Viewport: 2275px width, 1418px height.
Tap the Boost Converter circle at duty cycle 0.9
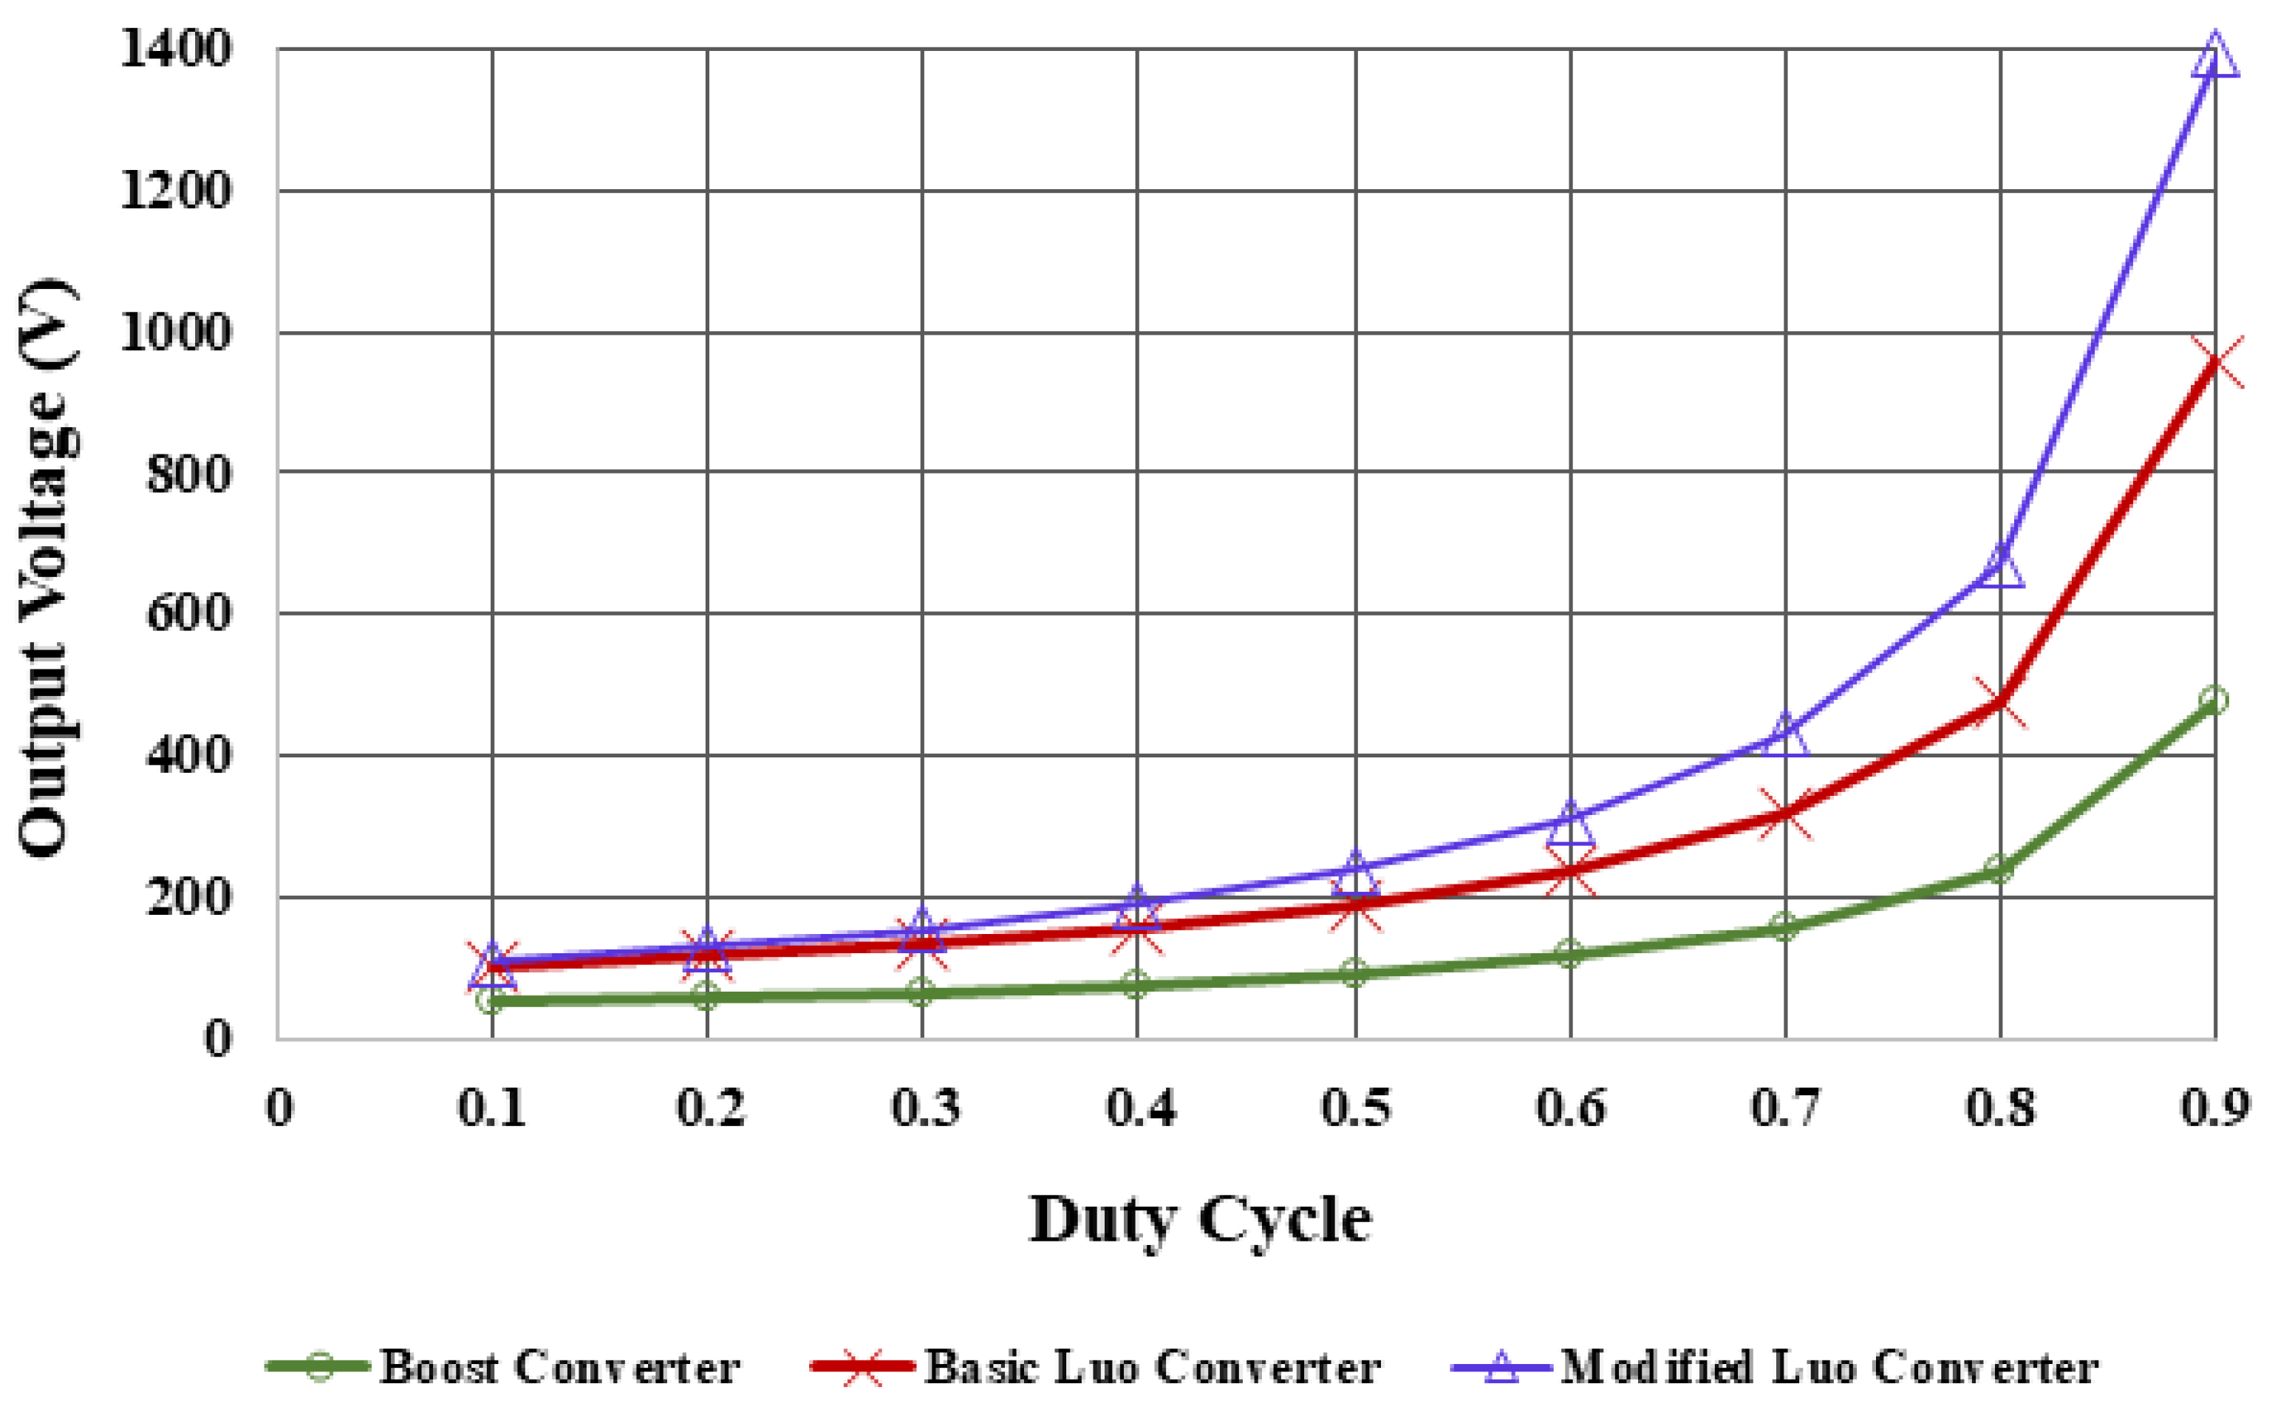[x=2215, y=700]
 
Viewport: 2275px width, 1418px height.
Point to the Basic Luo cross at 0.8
[x=2000, y=701]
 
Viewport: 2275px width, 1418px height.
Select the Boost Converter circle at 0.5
[x=1353, y=972]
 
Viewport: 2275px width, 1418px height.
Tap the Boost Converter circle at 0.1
[x=491, y=1001]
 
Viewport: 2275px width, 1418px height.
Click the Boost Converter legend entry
[x=506, y=1366]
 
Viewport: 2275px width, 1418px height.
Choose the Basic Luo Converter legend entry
[x=1097, y=1366]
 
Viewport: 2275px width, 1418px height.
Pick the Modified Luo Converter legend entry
[x=1773, y=1366]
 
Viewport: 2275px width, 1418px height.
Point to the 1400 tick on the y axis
[x=175, y=49]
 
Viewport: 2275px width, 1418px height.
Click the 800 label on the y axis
[x=188, y=474]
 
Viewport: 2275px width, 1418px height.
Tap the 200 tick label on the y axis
[x=188, y=898]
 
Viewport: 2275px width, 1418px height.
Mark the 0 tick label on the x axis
[x=279, y=1108]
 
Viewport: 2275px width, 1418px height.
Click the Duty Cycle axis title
[x=1201, y=1219]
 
